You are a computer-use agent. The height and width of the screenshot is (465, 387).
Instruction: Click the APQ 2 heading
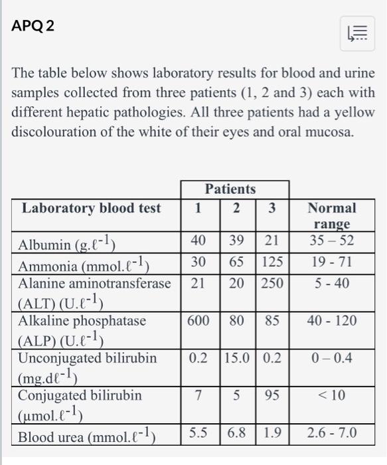(34, 27)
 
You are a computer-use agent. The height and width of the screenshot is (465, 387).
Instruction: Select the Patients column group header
(230, 189)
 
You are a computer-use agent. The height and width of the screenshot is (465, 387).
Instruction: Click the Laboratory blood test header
(92, 209)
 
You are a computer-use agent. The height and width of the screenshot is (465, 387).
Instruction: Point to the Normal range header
(332, 216)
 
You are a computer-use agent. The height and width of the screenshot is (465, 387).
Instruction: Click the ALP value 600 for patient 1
(198, 320)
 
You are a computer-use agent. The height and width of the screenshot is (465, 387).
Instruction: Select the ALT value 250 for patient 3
(271, 283)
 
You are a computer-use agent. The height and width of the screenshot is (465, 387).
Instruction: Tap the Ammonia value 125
(271, 262)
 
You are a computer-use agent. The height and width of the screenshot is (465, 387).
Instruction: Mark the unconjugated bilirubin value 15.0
(236, 358)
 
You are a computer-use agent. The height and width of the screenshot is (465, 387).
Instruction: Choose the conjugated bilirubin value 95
(271, 395)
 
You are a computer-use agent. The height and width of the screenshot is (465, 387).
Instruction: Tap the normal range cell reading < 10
(332, 395)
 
